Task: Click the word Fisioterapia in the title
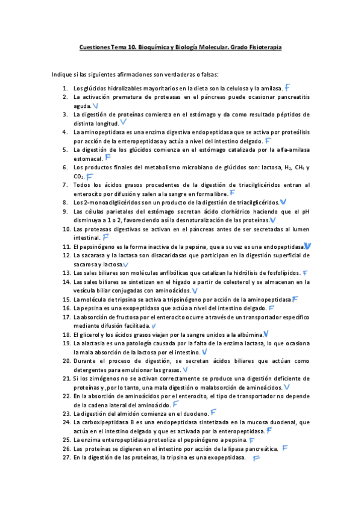coord(263,47)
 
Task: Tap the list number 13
coord(67,273)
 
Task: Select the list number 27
coord(67,458)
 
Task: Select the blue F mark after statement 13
coord(306,273)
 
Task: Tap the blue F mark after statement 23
coord(213,413)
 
